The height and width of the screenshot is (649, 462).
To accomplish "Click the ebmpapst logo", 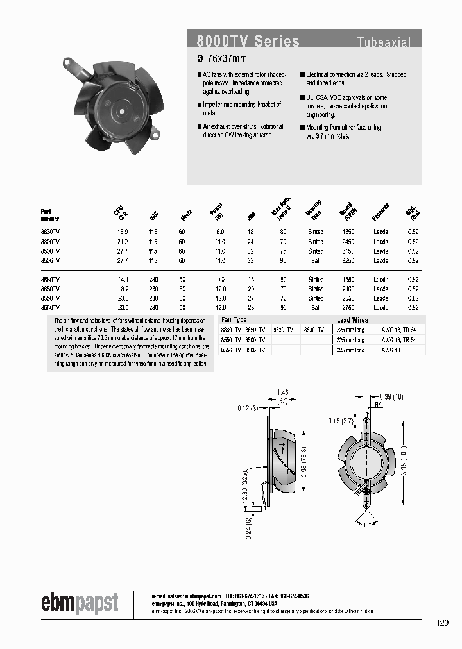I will [x=80, y=603].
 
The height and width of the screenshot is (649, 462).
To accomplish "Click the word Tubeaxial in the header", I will [x=384, y=43].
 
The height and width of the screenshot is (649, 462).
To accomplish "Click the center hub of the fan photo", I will [x=120, y=109].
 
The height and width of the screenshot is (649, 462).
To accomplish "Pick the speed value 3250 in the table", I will [x=348, y=260].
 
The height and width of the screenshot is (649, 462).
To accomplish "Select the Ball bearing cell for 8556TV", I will [x=316, y=307].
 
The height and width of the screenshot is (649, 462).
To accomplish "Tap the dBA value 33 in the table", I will [x=252, y=260].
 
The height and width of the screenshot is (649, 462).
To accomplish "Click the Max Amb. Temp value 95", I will [x=283, y=260].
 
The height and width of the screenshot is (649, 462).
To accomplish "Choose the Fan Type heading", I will [x=234, y=319].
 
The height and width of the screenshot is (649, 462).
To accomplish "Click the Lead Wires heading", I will [x=352, y=319].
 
